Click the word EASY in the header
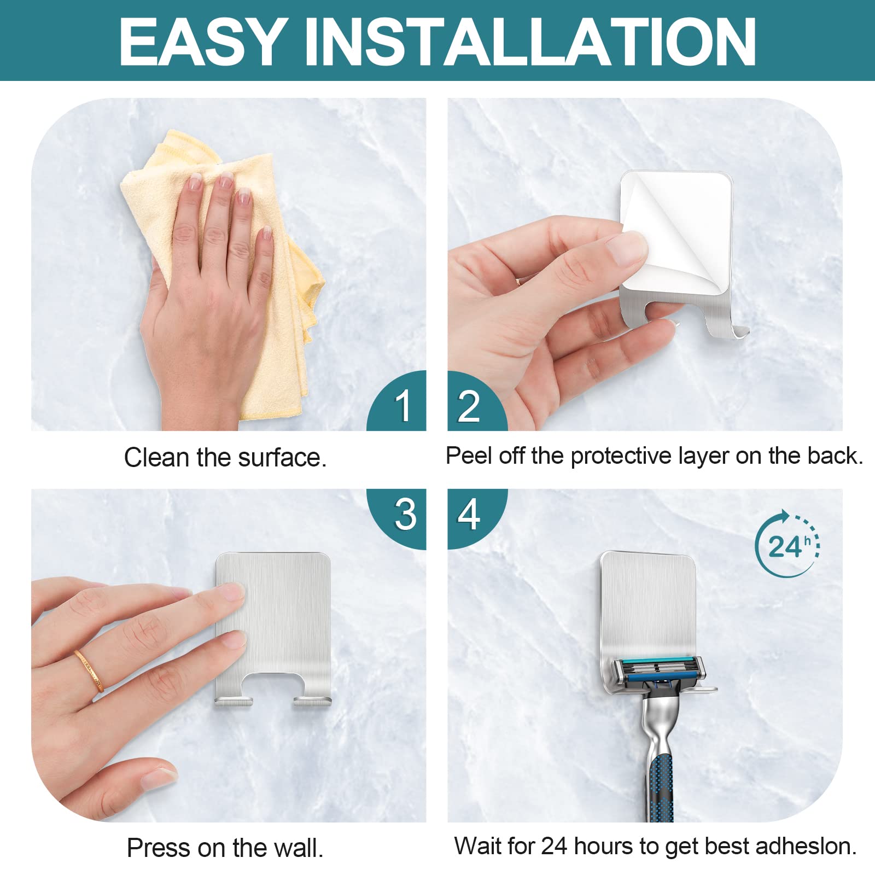203,42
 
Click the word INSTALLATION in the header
529,42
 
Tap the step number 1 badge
396,400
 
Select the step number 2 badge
477,400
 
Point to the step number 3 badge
396,519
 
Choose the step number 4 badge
477,519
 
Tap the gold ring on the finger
89,671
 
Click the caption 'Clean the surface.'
225,457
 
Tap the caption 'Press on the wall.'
225,848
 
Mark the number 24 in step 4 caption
555,846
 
